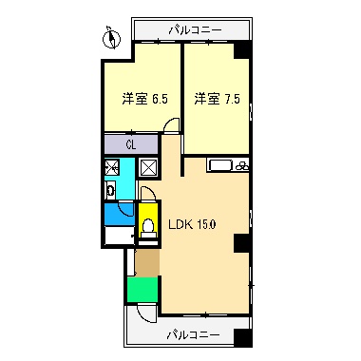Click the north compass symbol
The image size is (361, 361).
tap(110, 40)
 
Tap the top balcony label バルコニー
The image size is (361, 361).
tap(194, 29)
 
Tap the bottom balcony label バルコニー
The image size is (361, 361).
tap(194, 334)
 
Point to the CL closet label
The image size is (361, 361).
tap(132, 144)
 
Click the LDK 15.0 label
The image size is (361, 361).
tap(193, 225)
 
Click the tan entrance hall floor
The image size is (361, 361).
tap(148, 258)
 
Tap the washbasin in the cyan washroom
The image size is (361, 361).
tap(111, 190)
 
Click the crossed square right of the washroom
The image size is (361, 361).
tap(149, 168)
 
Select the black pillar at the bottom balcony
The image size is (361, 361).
tap(244, 337)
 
